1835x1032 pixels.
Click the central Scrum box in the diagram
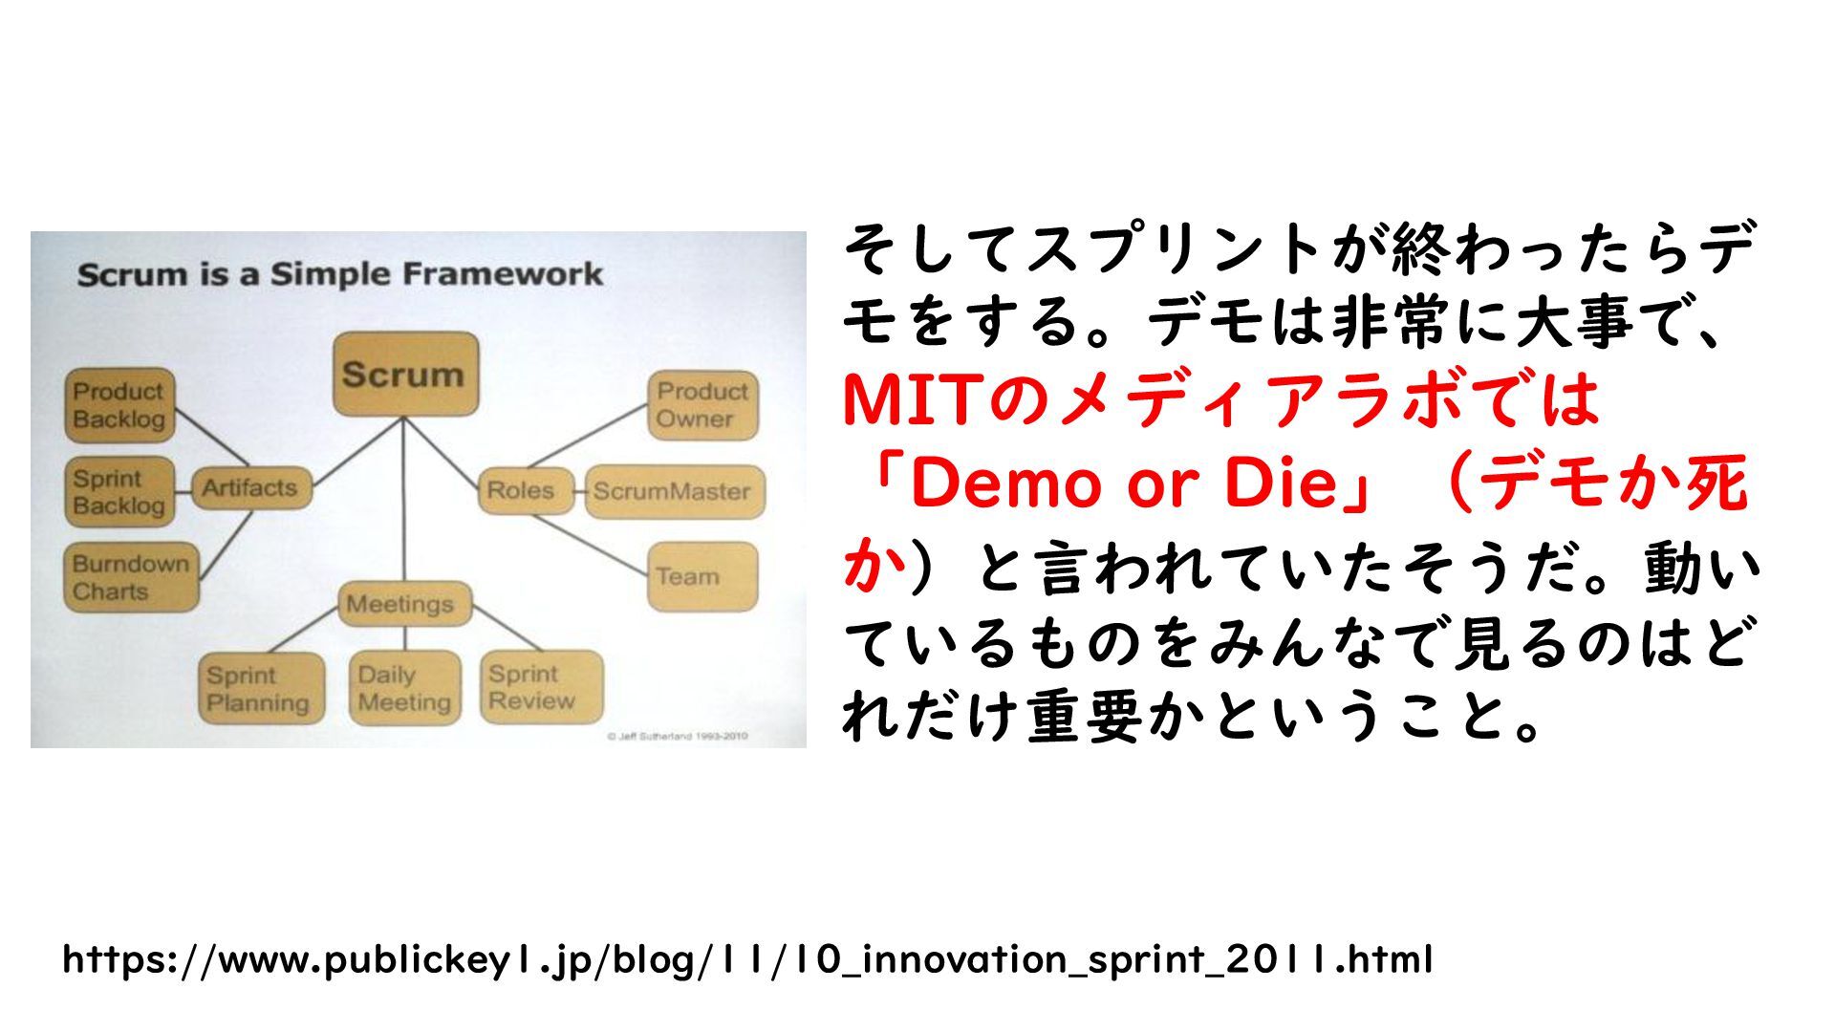pos(405,374)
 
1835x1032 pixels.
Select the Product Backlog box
pos(119,405)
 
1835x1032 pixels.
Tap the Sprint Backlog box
pos(119,491)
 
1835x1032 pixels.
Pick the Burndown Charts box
pos(131,577)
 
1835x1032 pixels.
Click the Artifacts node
pos(250,487)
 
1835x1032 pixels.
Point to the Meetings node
pos(404,604)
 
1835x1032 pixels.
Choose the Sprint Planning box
pos(260,689)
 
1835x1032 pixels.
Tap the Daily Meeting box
pos(404,689)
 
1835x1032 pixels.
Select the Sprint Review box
pos(541,687)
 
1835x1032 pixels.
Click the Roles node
pos(524,490)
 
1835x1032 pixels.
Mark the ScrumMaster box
pos(674,491)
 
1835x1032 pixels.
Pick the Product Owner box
pos(702,405)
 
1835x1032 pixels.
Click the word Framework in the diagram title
pos(503,274)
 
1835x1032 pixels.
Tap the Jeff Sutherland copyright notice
pos(677,736)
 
